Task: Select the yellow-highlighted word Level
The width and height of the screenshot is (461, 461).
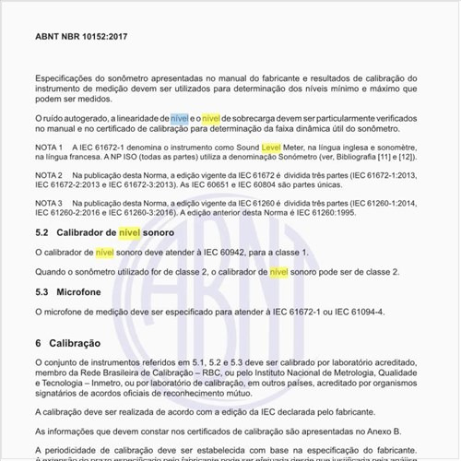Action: (271, 148)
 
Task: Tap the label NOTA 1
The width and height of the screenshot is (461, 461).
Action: (48, 148)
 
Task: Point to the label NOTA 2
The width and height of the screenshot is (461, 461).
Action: (48, 174)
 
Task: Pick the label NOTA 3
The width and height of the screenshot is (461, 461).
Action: (48, 202)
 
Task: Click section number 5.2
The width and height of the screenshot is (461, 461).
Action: (41, 233)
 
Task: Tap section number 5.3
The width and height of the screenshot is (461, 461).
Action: (41, 291)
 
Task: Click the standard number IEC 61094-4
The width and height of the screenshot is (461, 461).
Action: (355, 311)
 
